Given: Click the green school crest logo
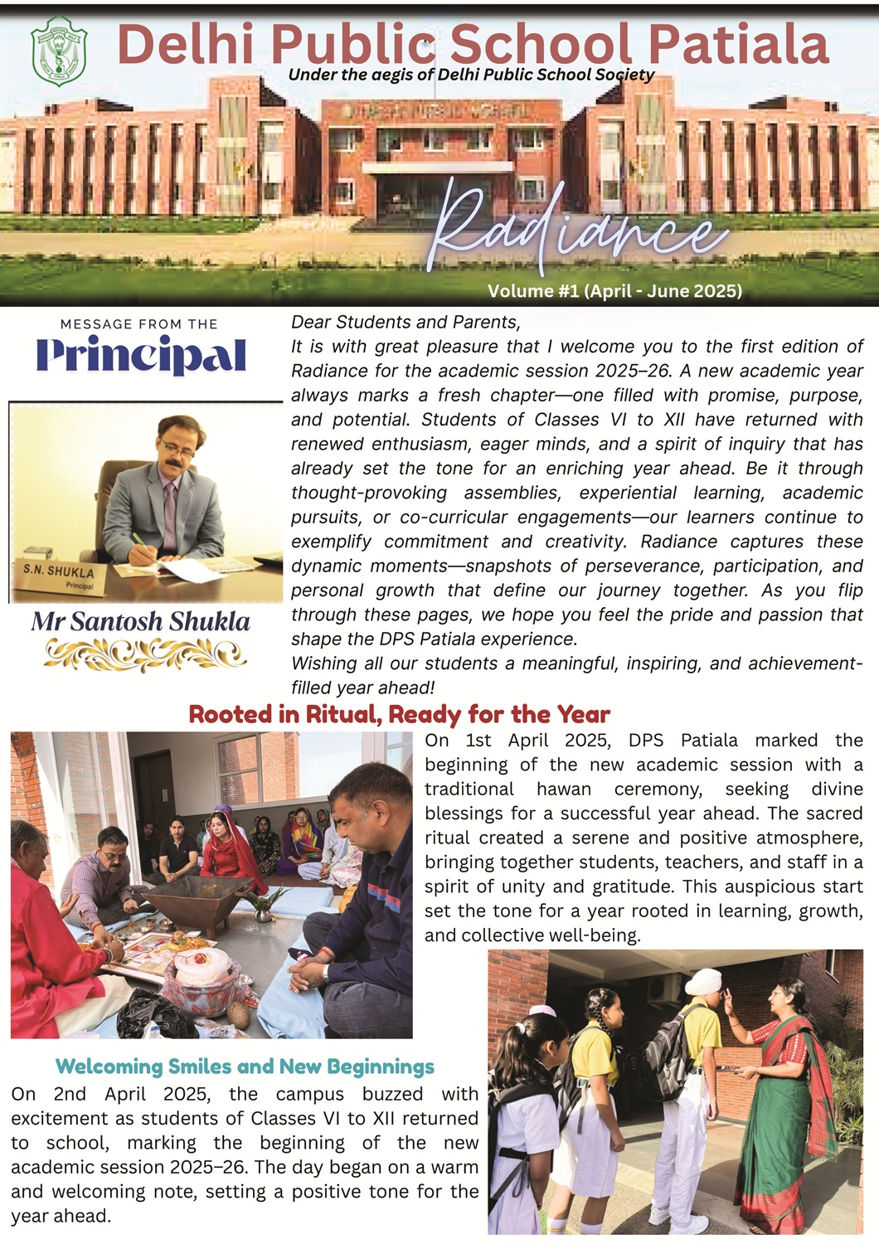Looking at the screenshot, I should click(x=58, y=51).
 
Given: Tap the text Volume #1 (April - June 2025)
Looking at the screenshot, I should click(x=614, y=291).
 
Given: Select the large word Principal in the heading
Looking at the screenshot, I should click(x=141, y=356).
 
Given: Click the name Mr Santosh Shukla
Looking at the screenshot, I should click(x=141, y=622).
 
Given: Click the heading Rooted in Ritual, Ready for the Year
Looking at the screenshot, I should click(x=399, y=714).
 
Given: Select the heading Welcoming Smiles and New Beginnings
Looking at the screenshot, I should click(x=245, y=1067).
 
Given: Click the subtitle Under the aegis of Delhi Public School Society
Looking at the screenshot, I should click(x=471, y=75).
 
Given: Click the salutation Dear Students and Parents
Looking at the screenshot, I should click(x=406, y=323).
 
